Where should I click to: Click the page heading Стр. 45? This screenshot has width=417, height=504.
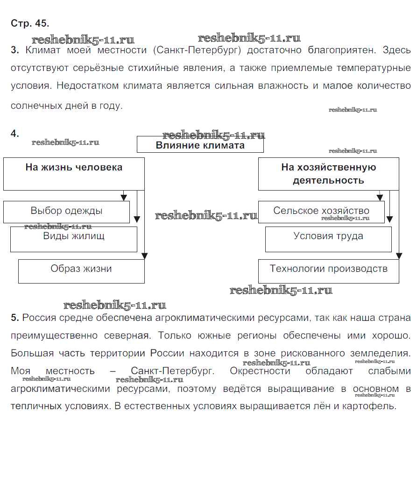(30, 23)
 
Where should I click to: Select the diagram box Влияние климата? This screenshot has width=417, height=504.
(200, 145)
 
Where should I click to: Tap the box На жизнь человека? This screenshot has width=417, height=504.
(74, 173)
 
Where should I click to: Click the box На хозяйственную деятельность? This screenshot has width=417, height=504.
(328, 173)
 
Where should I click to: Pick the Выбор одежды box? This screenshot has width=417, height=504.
(66, 212)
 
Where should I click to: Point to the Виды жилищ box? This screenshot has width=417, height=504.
(74, 239)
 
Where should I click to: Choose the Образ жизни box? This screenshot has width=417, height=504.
(81, 271)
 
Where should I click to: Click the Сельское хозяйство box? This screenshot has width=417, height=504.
(321, 212)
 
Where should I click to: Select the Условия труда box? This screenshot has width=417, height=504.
(328, 239)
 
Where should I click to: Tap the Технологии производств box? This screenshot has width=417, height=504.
(328, 271)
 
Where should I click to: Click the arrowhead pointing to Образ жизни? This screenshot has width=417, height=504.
(144, 256)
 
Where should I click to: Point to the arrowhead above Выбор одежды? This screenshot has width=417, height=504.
(124, 198)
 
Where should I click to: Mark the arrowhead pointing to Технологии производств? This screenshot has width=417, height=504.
(399, 256)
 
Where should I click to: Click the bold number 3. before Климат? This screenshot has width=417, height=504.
(14, 50)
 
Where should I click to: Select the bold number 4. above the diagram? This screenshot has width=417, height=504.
(15, 134)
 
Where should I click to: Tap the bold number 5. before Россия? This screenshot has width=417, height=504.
(14, 318)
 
